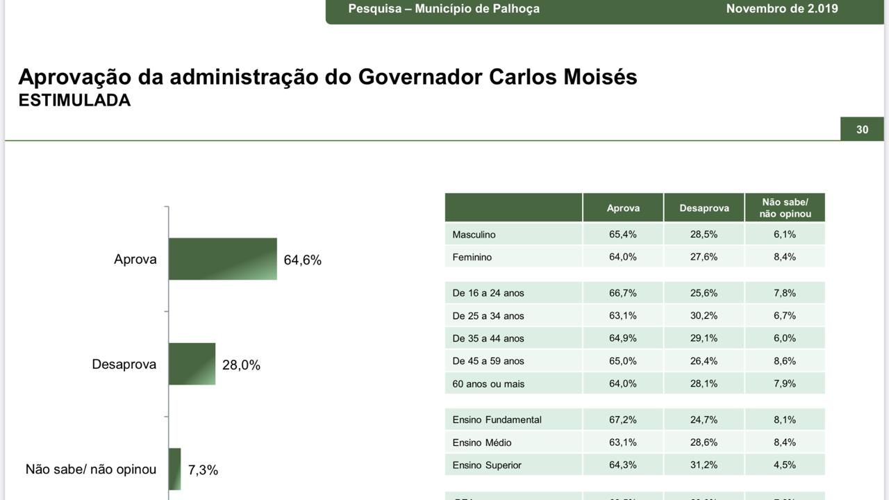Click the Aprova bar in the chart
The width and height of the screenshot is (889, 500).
(x=222, y=259)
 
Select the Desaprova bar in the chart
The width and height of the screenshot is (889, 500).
(x=192, y=364)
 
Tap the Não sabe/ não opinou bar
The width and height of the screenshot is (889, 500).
(x=174, y=469)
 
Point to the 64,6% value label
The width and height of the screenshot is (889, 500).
(x=303, y=260)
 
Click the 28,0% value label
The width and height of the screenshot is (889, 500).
(x=241, y=365)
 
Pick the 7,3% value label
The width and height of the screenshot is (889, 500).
(x=203, y=470)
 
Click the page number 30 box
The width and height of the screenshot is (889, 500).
(x=862, y=130)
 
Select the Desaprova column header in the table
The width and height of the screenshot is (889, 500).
(x=704, y=208)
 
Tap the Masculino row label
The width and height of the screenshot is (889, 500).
(x=474, y=235)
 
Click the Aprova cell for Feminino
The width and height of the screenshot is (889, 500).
(x=622, y=257)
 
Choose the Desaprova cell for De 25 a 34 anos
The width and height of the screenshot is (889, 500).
(x=704, y=316)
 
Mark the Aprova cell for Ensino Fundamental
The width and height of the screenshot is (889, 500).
(x=622, y=420)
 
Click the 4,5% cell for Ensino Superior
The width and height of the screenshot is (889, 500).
(x=784, y=465)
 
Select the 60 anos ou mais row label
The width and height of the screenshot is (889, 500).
(x=488, y=384)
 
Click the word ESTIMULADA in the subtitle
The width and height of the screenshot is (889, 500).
(x=74, y=101)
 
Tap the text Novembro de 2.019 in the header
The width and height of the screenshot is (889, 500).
(x=781, y=9)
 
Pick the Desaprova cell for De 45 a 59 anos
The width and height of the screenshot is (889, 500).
(x=704, y=361)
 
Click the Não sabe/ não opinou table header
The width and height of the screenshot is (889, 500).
(x=785, y=208)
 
